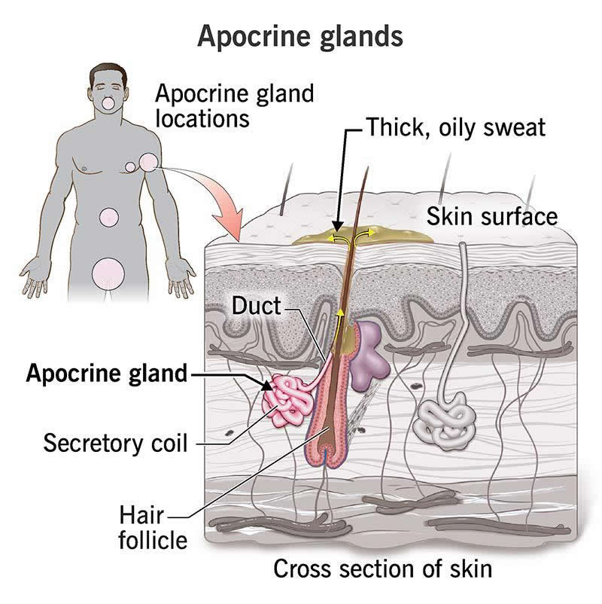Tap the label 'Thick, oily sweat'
[x=455, y=127]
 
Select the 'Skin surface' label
[x=492, y=217]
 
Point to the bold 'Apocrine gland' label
[x=106, y=373]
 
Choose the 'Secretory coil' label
[x=114, y=442]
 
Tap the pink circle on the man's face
[x=108, y=102]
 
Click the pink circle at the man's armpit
[x=149, y=163]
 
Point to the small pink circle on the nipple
[x=130, y=167]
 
